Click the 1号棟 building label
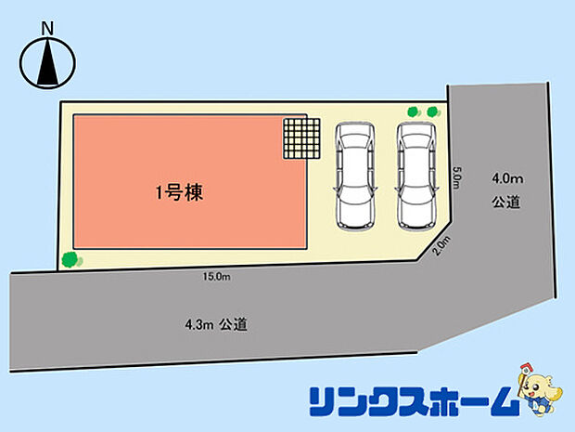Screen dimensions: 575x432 (179, 194)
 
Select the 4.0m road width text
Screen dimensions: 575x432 (507, 177)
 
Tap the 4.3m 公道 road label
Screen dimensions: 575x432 (215, 324)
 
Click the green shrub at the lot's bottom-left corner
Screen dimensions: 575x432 (69, 259)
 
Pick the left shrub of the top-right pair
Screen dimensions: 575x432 (413, 112)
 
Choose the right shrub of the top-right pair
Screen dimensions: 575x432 (431, 112)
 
